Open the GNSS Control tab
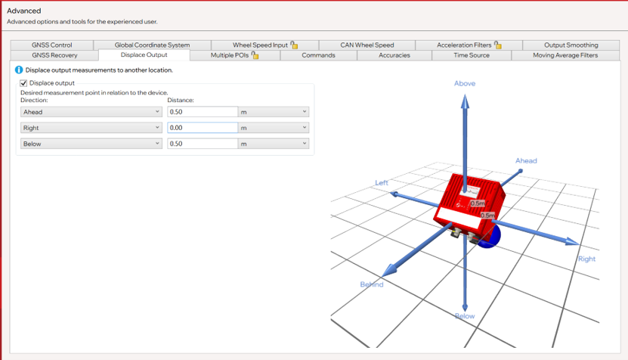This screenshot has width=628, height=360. coord(52,45)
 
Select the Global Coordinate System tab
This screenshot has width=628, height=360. coord(152,45)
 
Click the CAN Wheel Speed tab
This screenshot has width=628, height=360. coord(367,45)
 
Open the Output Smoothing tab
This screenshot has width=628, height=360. coord(571,45)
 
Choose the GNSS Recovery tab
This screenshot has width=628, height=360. coord(54,55)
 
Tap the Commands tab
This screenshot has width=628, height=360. coord(318,55)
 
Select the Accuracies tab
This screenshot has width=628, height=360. coord(394,55)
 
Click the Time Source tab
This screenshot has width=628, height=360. coord(472,55)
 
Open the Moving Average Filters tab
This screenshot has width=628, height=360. coord(565,55)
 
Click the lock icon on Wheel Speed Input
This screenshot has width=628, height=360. coord(295,45)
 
